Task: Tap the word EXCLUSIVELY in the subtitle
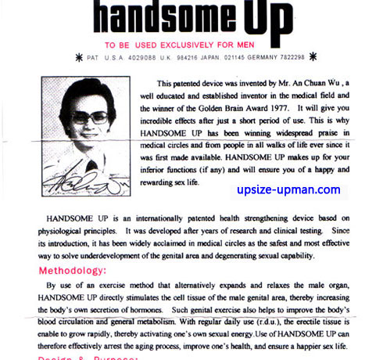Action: tap(201, 44)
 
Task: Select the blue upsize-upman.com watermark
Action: tap(288, 189)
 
